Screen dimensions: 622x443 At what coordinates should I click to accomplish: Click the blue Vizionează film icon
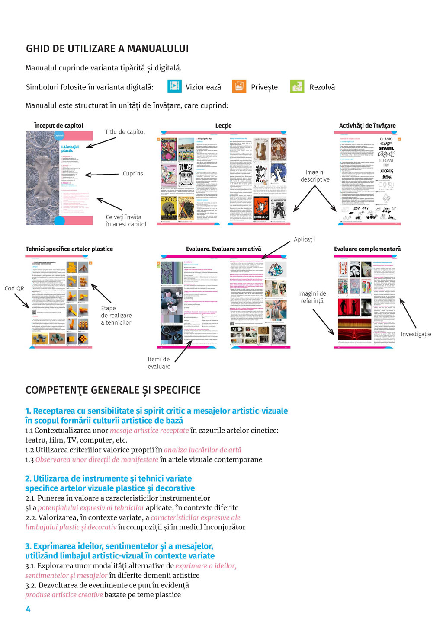point(174,86)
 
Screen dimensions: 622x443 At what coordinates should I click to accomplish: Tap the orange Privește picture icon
point(239,86)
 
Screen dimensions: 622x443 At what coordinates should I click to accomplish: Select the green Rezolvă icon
point(297,86)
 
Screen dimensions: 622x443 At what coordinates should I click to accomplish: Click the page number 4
point(28,609)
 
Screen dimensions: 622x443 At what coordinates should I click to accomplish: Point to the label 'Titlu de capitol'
point(125,132)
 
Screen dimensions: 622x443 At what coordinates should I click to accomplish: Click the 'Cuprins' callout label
point(133,173)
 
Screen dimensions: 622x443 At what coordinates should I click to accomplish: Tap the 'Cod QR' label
point(14,288)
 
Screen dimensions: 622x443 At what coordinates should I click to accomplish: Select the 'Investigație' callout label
point(416,334)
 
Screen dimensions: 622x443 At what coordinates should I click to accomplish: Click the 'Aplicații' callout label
point(305,239)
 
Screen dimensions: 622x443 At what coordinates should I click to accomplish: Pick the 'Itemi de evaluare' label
point(159,363)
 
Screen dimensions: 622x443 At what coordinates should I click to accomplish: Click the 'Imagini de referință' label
point(312,297)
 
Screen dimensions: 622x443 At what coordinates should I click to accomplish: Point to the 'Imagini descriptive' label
point(315,175)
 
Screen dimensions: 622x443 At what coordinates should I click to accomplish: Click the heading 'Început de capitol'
point(58,125)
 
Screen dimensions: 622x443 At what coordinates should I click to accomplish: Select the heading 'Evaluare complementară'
point(367,249)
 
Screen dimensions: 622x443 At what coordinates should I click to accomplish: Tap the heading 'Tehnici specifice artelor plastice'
point(69,249)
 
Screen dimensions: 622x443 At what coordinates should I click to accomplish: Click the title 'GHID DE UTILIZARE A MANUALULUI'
point(107,48)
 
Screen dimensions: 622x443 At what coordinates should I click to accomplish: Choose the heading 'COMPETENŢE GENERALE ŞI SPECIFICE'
point(113,390)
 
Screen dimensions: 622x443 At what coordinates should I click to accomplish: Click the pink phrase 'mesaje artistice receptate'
point(149,431)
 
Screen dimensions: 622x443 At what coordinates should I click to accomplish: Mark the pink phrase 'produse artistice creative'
point(64,595)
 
